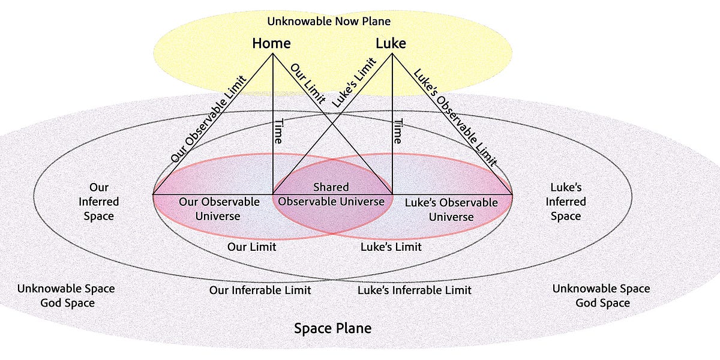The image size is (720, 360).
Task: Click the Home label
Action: click(271, 43)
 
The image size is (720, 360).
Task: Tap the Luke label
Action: click(391, 43)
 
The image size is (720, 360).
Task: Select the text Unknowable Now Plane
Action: click(329, 22)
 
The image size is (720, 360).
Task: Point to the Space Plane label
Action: click(332, 328)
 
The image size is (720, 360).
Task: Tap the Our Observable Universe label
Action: click(219, 209)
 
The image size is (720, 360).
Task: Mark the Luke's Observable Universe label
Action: click(451, 209)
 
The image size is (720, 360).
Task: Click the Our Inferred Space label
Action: click(99, 202)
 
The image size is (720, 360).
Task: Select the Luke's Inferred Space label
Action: click(566, 202)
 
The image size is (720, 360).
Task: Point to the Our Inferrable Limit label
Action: click(260, 290)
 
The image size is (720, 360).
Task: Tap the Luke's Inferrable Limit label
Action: click(414, 290)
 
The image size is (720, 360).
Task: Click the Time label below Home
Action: click(278, 130)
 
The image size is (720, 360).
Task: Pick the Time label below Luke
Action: click(397, 130)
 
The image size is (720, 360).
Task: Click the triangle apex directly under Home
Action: click(273, 55)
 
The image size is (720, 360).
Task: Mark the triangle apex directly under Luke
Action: click(392, 55)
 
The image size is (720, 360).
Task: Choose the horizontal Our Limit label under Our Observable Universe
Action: click(251, 247)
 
